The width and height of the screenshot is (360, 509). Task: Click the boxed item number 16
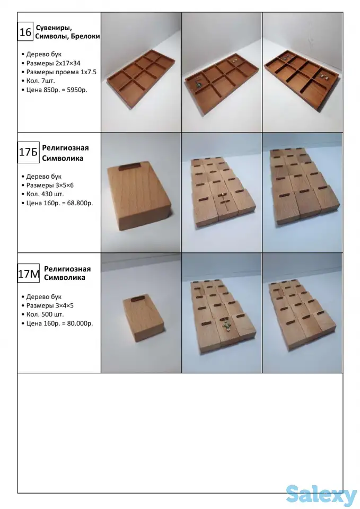[25, 32]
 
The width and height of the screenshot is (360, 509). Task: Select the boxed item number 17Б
[28, 152]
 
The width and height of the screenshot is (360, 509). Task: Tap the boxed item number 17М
[29, 274]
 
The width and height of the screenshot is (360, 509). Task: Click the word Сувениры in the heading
[54, 28]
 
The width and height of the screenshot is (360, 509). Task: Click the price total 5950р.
[77, 90]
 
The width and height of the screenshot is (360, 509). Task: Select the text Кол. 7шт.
[41, 81]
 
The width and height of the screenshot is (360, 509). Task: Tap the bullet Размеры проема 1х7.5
[62, 72]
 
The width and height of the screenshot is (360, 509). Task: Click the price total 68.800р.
[80, 203]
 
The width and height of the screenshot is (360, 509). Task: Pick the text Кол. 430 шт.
[45, 194]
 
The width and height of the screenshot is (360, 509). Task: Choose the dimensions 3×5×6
[64, 186]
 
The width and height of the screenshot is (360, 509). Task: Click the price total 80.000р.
[80, 323]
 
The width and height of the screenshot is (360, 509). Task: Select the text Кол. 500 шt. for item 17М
[45, 314]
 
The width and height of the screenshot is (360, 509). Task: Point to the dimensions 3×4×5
[64, 305]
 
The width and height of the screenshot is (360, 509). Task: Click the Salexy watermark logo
[321, 495]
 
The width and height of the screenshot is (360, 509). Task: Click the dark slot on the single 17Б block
[129, 167]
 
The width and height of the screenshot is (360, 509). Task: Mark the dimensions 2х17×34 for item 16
[67, 63]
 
